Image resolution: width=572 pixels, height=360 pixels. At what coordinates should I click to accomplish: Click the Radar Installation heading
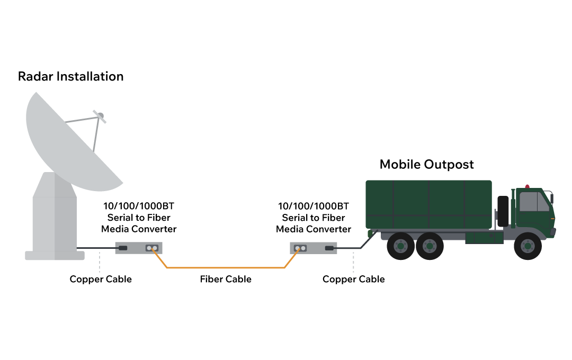pyautogui.click(x=70, y=76)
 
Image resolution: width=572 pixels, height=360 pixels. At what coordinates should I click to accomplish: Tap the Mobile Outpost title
pyautogui.click(x=426, y=164)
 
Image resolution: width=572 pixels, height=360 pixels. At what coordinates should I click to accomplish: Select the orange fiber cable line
pyautogui.click(x=226, y=268)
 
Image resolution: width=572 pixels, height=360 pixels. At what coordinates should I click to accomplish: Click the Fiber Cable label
pyautogui.click(x=226, y=279)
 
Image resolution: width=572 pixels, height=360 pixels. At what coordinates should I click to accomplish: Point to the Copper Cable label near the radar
pyautogui.click(x=101, y=279)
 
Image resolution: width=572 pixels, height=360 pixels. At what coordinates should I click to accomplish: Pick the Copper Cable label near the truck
pyautogui.click(x=353, y=279)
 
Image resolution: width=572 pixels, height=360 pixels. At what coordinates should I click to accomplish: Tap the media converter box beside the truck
pyautogui.click(x=314, y=248)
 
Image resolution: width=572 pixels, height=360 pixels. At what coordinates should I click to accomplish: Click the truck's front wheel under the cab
pyautogui.click(x=527, y=246)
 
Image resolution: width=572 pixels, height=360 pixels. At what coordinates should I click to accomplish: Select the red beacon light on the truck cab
pyautogui.click(x=527, y=186)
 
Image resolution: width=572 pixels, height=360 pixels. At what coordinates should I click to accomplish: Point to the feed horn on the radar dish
pyautogui.click(x=99, y=115)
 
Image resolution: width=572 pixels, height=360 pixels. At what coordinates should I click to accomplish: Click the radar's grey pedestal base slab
pyautogui.click(x=55, y=255)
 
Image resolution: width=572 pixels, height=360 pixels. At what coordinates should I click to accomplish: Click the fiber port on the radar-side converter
pyautogui.click(x=153, y=248)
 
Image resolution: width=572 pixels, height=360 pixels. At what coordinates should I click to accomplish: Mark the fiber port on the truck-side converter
pyautogui.click(x=300, y=248)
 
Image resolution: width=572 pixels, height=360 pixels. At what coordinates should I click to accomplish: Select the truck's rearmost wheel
pyautogui.click(x=400, y=246)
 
